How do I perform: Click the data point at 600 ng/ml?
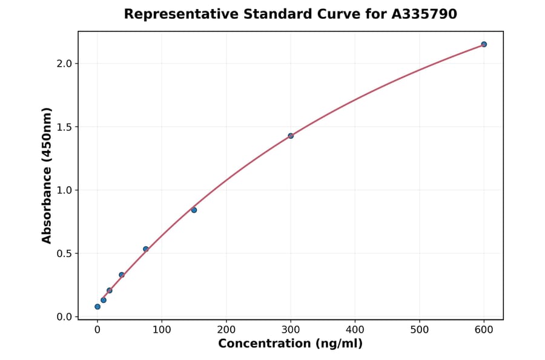coord(484,44)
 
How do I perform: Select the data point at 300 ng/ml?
coord(291,136)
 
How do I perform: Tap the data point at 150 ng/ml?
coord(194,210)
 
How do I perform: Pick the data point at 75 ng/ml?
coord(146,249)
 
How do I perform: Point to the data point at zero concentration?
coord(97,307)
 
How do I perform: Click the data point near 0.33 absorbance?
coord(122,275)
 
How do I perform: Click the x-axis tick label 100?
coord(162,330)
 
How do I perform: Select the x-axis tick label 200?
coord(226,330)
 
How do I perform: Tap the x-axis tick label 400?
coord(355,330)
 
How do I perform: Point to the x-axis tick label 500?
coord(420,330)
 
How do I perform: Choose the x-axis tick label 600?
coord(484,330)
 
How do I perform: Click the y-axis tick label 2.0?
coord(65,64)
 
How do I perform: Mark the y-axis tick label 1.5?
coord(65,127)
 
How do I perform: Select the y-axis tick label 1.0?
coord(65,190)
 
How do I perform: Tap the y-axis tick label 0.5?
coord(65,254)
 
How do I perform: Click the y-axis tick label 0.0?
coord(65,317)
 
